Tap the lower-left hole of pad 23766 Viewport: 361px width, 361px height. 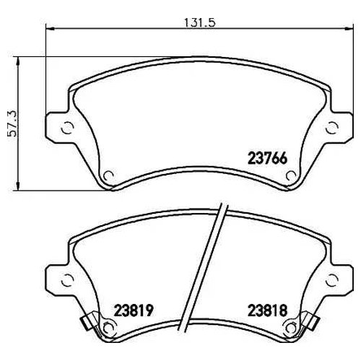pos(108,174)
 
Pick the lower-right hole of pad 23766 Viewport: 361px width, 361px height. pos(291,174)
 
